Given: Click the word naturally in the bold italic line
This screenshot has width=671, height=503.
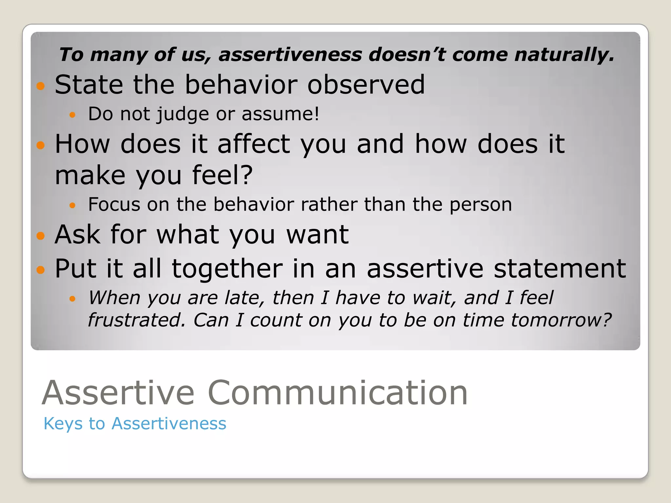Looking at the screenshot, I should click(564, 55).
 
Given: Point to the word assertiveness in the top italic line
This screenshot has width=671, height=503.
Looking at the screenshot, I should click(290, 55).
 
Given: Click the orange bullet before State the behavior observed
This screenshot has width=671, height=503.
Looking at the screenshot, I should click(41, 86).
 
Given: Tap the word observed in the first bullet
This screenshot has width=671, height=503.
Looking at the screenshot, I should click(366, 84).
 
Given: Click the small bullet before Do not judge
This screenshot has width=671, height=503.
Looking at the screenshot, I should click(73, 115).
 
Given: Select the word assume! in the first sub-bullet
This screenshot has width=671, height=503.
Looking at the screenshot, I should click(280, 114).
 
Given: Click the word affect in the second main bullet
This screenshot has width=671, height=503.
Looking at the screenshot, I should click(254, 144).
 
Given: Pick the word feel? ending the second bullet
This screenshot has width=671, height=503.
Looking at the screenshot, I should click(222, 176).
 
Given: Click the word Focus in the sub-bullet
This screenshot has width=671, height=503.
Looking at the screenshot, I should click(114, 205).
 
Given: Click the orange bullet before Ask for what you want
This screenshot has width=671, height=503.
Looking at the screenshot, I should click(41, 236).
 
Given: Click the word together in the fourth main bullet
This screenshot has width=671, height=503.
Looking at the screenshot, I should click(227, 269).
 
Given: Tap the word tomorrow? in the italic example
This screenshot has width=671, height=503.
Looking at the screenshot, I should click(561, 320).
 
